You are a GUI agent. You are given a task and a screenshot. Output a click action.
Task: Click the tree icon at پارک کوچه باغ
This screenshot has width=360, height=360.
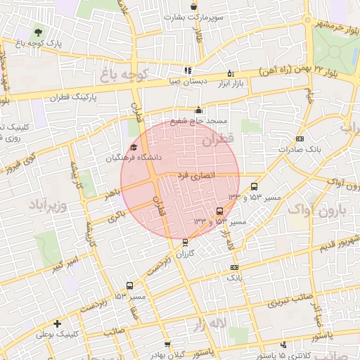pos(38,32)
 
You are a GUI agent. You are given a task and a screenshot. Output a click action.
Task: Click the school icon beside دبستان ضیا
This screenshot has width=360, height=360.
pos(187,70)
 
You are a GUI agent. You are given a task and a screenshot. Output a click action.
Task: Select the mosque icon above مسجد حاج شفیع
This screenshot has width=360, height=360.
pos(198,110)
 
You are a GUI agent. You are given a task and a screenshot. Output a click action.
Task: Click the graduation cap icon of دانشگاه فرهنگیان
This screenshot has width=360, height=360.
pos(134,147)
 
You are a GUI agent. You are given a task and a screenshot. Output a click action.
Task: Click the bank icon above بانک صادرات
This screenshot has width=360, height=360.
pos(300,139)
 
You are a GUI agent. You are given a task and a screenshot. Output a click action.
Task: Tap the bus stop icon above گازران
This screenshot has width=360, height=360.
pos(185,242)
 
